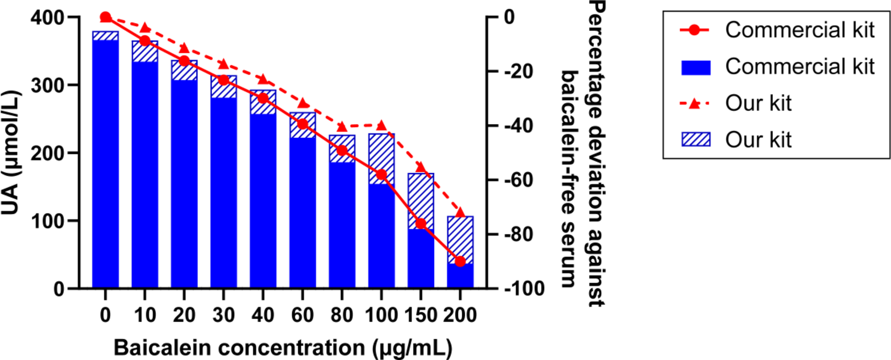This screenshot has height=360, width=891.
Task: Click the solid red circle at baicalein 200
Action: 460,261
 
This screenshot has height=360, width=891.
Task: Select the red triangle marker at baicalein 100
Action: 382,125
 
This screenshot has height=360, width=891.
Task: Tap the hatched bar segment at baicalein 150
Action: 421,201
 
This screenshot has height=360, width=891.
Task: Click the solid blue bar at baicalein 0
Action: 105,165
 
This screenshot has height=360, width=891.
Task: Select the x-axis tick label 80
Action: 341,316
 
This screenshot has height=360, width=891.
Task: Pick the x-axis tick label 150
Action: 421,316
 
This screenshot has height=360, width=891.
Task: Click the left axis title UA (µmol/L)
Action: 11,153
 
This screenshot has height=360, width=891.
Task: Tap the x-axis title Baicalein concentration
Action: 283,348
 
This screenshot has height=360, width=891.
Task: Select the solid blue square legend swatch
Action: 696,67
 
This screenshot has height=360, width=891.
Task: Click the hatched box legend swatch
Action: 696,139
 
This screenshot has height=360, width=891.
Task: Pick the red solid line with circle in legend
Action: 695,30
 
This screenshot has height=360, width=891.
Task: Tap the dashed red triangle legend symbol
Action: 695,103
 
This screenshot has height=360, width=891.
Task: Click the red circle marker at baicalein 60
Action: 302,124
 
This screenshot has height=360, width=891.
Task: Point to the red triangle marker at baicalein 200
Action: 460,212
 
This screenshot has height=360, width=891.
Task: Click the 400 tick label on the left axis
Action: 47,18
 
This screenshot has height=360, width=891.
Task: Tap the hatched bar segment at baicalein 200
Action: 460,240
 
